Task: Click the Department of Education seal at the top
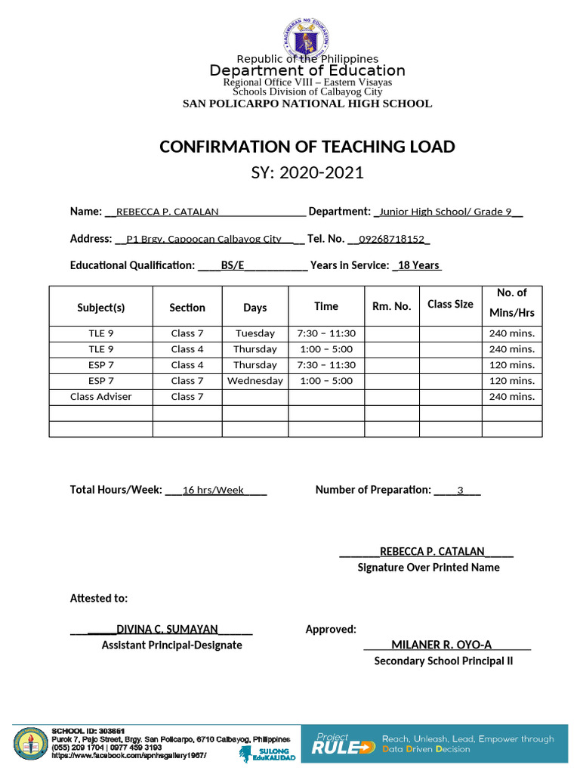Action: point(307,37)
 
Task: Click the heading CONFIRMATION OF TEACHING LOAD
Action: point(307,147)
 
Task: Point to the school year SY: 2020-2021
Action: point(307,172)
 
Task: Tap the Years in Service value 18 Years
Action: point(418,265)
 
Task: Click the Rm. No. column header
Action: point(392,306)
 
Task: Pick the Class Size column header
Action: point(450,304)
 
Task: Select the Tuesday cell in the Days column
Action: point(255,333)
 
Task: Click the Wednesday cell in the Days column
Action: point(255,381)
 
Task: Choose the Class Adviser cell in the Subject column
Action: point(100,397)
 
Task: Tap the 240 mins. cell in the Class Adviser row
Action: point(512,397)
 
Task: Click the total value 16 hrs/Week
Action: point(213,491)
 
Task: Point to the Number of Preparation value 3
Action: point(459,491)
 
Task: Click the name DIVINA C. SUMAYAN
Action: point(167,629)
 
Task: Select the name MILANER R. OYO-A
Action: point(441,645)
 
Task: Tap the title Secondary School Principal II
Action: point(443,661)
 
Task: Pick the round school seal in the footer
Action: point(31,745)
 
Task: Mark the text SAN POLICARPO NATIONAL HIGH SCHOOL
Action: point(307,104)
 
